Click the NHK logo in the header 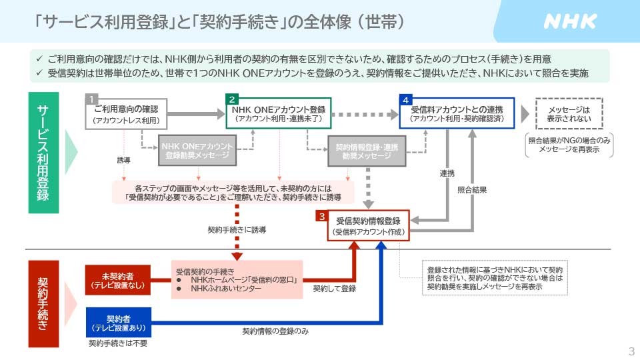pyautogui.click(x=570, y=21)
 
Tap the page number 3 pyautogui.click(x=631, y=351)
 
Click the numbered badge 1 pyautogui.click(x=92, y=99)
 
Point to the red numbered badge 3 pyautogui.click(x=323, y=217)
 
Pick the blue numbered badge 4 pyautogui.click(x=405, y=99)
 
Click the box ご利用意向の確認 pyautogui.click(x=126, y=114)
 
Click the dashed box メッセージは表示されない pyautogui.click(x=569, y=114)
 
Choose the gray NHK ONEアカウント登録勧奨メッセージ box pyautogui.click(x=197, y=151)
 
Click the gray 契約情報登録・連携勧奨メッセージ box pyautogui.click(x=367, y=151)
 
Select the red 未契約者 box pyautogui.click(x=118, y=280)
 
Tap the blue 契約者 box pyautogui.click(x=118, y=322)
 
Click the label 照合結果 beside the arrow pyautogui.click(x=472, y=190)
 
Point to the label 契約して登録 pyautogui.click(x=335, y=289)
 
